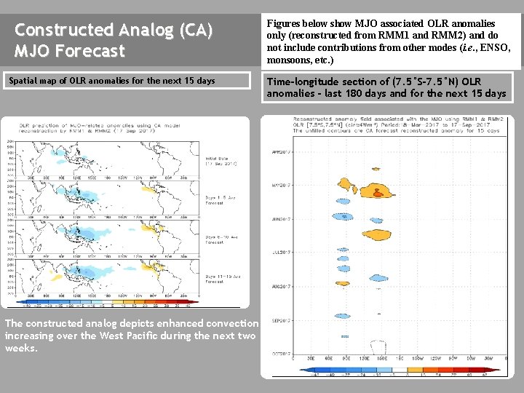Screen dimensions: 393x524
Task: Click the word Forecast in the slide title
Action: pos(94,51)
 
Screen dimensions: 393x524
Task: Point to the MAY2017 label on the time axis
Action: pos(281,186)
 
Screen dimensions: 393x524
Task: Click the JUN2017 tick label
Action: pos(281,219)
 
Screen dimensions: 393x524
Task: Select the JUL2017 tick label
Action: pos(281,253)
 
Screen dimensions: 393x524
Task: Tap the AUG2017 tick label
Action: pos(281,287)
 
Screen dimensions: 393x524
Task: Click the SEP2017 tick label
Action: pos(281,320)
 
